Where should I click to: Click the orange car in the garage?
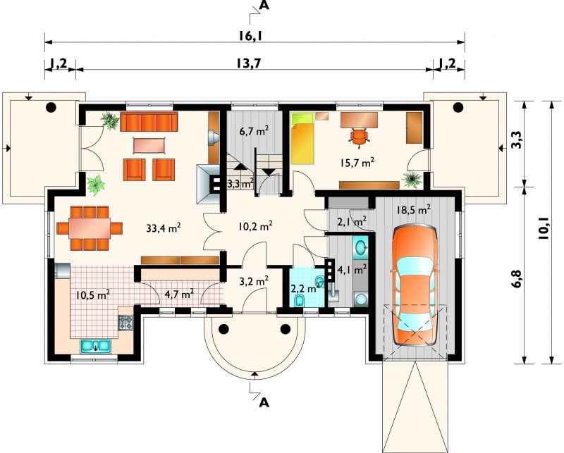415,285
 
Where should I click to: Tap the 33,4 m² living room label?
164,228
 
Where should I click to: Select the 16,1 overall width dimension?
250,35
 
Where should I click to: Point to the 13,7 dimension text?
248,63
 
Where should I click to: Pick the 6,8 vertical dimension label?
516,278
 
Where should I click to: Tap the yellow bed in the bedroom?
302,138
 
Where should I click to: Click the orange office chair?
360,137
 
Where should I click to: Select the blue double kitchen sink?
95,346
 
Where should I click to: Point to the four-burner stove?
125,323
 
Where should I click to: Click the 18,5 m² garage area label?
414,210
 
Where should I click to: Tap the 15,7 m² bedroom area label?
357,163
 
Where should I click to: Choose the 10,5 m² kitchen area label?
93,294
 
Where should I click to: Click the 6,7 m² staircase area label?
255,132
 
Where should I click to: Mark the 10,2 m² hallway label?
255,226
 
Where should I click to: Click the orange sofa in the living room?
149,122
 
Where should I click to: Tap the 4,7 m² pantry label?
179,294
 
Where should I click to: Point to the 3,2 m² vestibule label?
255,280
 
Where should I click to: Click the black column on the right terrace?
458,107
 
